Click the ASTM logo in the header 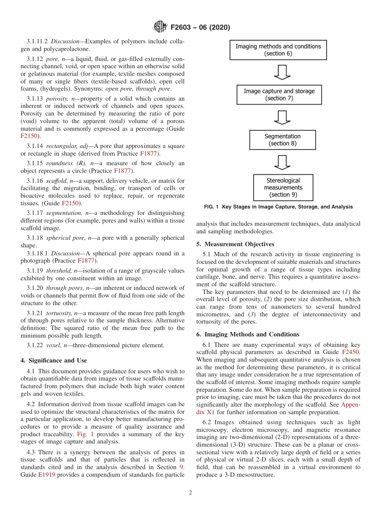click(160, 28)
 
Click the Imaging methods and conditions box click(278, 50)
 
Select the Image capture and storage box click(279, 95)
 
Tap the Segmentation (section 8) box click(282, 140)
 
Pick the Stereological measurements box click(283, 187)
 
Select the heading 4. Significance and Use click(54, 360)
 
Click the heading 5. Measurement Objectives click(235, 244)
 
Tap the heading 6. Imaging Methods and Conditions click(247, 334)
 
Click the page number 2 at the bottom click(190, 493)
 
